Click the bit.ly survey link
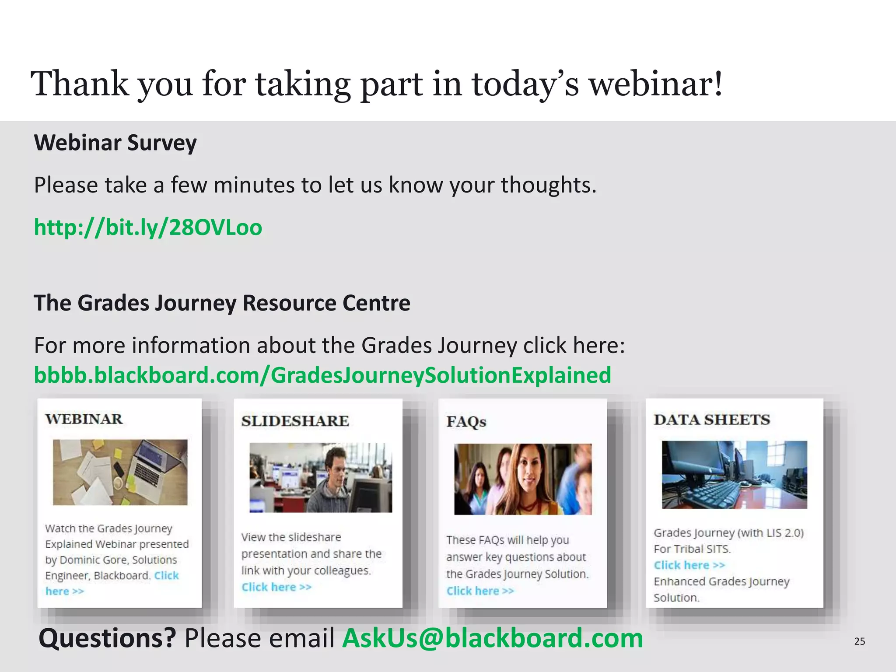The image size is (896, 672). (x=148, y=227)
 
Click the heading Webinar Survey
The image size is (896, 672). (x=115, y=143)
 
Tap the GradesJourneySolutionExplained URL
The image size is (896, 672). (x=322, y=375)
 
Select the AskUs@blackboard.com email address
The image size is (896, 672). (x=493, y=638)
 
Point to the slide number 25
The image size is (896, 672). (x=859, y=641)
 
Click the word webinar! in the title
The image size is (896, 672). (x=656, y=84)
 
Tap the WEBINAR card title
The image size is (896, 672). (x=84, y=419)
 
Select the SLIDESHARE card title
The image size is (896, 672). (x=295, y=421)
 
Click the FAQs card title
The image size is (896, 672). (x=466, y=422)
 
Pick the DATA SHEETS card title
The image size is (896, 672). (x=712, y=420)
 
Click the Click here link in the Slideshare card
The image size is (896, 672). (x=276, y=587)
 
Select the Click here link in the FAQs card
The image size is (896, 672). (x=480, y=591)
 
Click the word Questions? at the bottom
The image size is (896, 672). (x=108, y=638)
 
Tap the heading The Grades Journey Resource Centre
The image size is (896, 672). (x=222, y=303)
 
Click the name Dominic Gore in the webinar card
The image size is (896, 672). (x=90, y=560)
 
